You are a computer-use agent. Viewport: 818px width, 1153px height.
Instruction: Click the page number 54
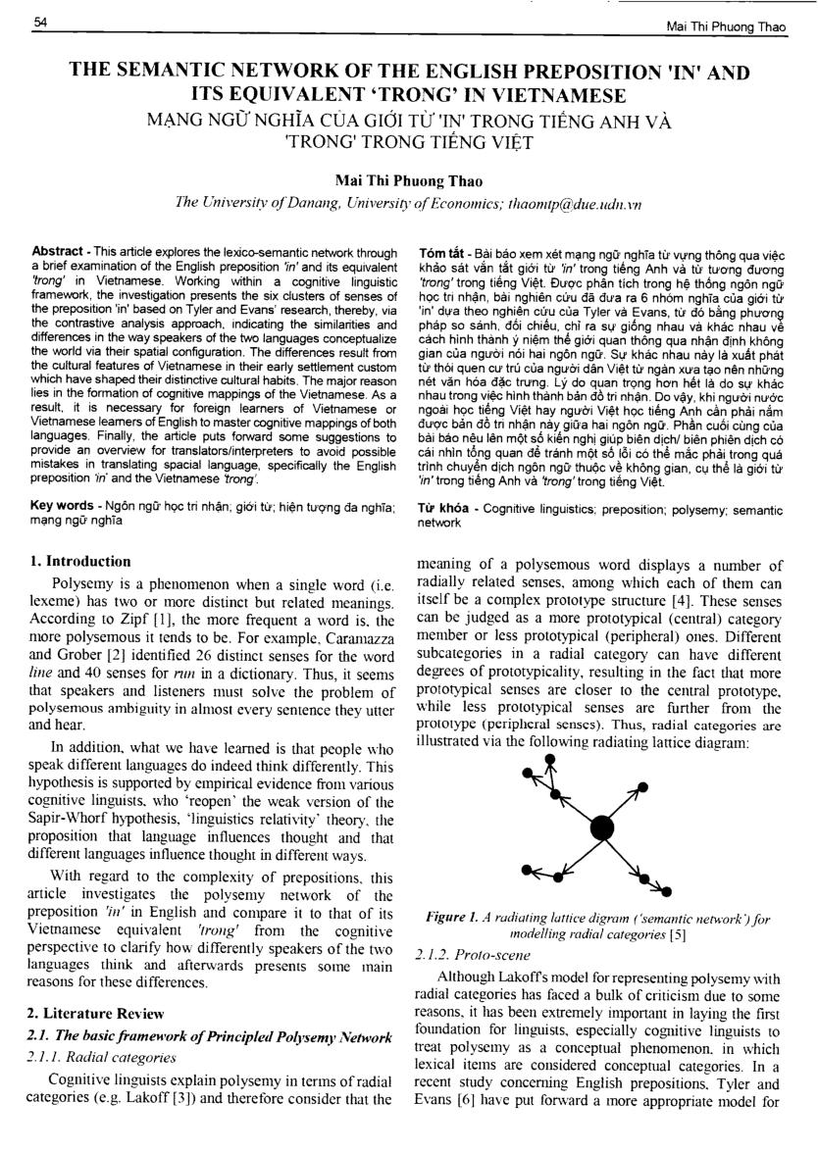tap(41, 22)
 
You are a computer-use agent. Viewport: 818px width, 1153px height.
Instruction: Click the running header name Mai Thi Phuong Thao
tap(727, 26)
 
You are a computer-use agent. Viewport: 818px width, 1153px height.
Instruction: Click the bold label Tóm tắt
tap(437, 251)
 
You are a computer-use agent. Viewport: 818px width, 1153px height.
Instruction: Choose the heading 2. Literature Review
tap(96, 1013)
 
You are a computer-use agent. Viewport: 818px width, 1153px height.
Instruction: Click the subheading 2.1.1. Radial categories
tap(103, 1058)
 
